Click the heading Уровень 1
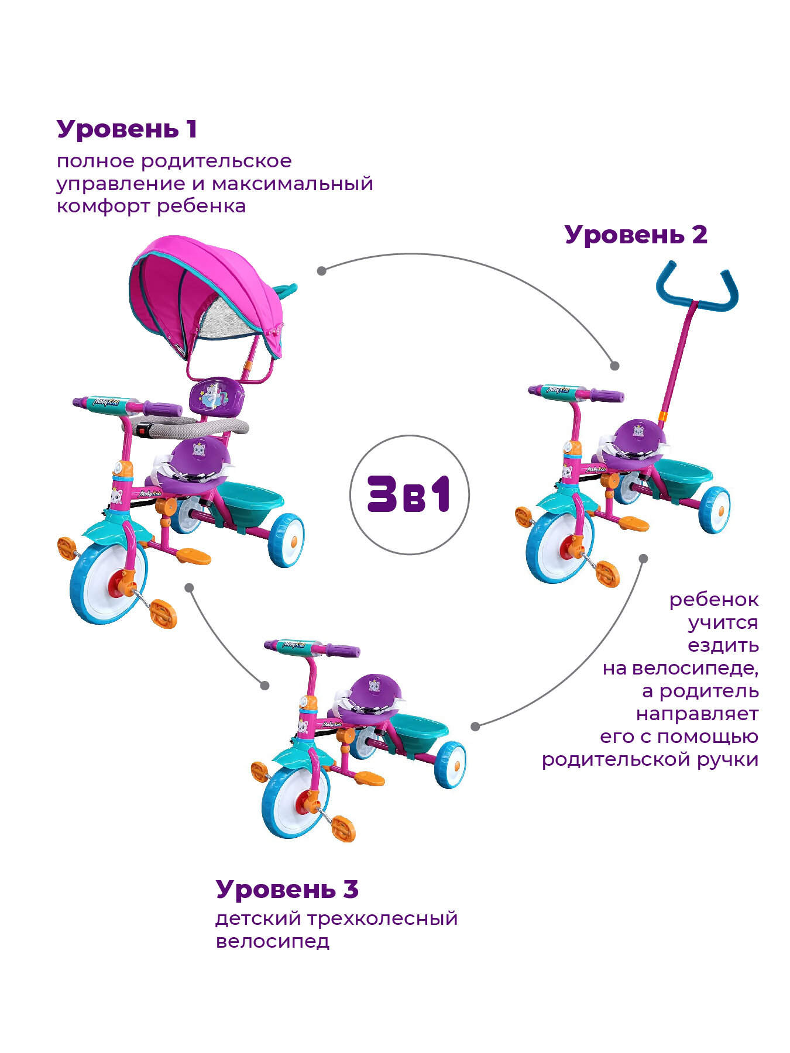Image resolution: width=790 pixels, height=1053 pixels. pyautogui.click(x=126, y=129)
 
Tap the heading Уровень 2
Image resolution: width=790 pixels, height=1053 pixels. pyautogui.click(x=636, y=235)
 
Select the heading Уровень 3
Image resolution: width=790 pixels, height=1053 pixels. pyautogui.click(x=287, y=889)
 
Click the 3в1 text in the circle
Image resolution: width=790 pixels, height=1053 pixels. pyautogui.click(x=409, y=495)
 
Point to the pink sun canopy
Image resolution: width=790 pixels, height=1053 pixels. pyautogui.click(x=205, y=292)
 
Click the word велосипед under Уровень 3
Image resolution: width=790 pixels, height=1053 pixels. pyautogui.click(x=272, y=942)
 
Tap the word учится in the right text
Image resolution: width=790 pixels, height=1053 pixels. pyautogui.click(x=723, y=622)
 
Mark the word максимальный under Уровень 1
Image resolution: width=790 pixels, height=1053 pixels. pyautogui.click(x=292, y=184)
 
